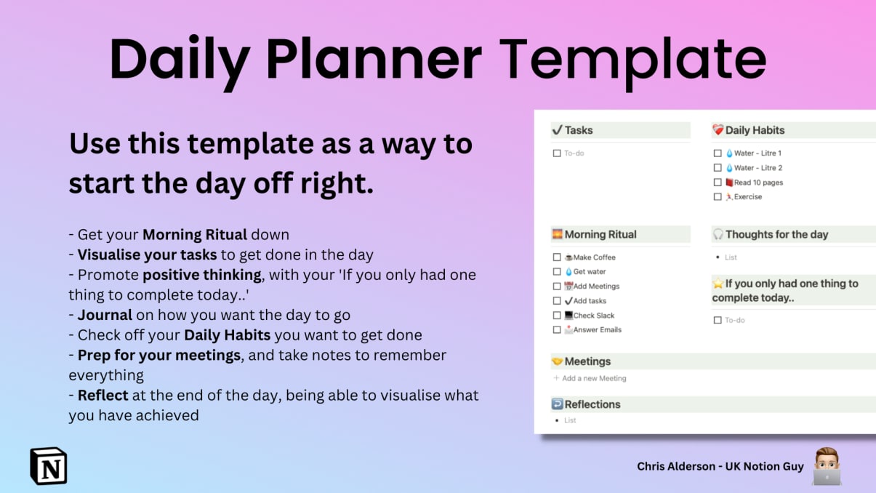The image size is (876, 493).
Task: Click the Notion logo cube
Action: click(x=49, y=465)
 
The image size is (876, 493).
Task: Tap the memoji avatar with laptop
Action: click(x=827, y=466)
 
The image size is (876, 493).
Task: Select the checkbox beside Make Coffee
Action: click(x=557, y=257)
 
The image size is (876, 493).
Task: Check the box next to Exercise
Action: click(x=718, y=197)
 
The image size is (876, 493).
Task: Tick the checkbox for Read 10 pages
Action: click(x=718, y=183)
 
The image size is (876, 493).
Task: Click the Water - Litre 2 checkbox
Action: click(x=718, y=168)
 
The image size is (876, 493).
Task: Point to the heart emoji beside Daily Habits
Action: click(x=718, y=129)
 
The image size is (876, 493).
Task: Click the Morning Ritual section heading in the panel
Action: click(x=600, y=234)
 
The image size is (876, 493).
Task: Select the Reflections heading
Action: click(x=592, y=404)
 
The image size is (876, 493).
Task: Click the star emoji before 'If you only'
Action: click(x=718, y=284)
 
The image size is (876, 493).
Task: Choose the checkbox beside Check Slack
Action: click(x=557, y=316)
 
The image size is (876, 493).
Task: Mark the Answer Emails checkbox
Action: click(x=557, y=330)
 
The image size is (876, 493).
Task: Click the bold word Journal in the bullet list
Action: click(x=105, y=315)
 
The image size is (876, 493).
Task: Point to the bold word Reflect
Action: click(x=103, y=395)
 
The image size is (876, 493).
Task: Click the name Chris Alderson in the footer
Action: click(x=676, y=466)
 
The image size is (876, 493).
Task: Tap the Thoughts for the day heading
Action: click(x=776, y=234)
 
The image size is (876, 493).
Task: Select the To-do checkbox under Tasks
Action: click(x=557, y=153)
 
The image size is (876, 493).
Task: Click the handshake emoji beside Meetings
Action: click(x=558, y=361)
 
